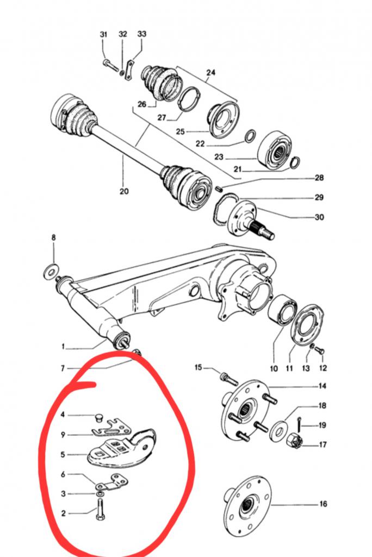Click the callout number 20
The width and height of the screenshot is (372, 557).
(124, 191)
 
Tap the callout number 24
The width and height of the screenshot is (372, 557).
(210, 72)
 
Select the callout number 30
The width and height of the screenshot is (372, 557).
(319, 217)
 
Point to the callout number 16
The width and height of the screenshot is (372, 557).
(323, 504)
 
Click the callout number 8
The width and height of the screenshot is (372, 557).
(53, 237)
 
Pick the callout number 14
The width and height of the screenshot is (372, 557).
(323, 386)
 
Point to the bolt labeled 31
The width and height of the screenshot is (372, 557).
(108, 64)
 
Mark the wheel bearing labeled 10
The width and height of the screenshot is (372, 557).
(282, 311)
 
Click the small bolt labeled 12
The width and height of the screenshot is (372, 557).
(319, 351)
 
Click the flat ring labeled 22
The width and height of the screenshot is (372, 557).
(251, 135)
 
